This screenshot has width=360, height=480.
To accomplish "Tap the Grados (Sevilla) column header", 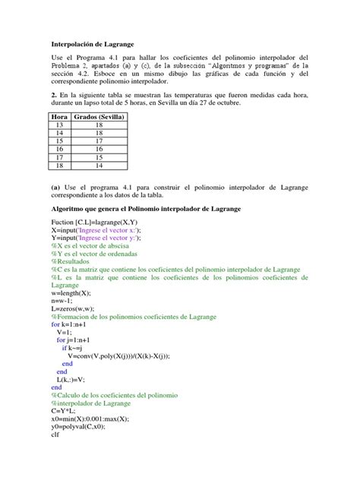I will pyautogui.click(x=99, y=117).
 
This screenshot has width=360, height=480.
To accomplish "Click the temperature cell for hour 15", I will pyautogui.click(x=99, y=141).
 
